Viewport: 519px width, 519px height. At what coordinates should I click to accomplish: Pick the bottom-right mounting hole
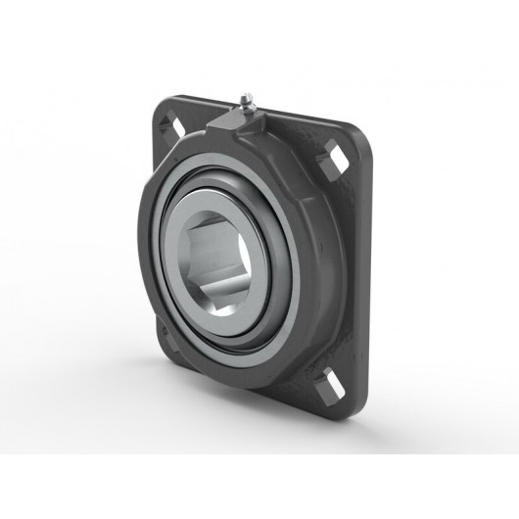(x=336, y=380)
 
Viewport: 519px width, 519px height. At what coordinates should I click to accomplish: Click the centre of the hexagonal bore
(x=221, y=264)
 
